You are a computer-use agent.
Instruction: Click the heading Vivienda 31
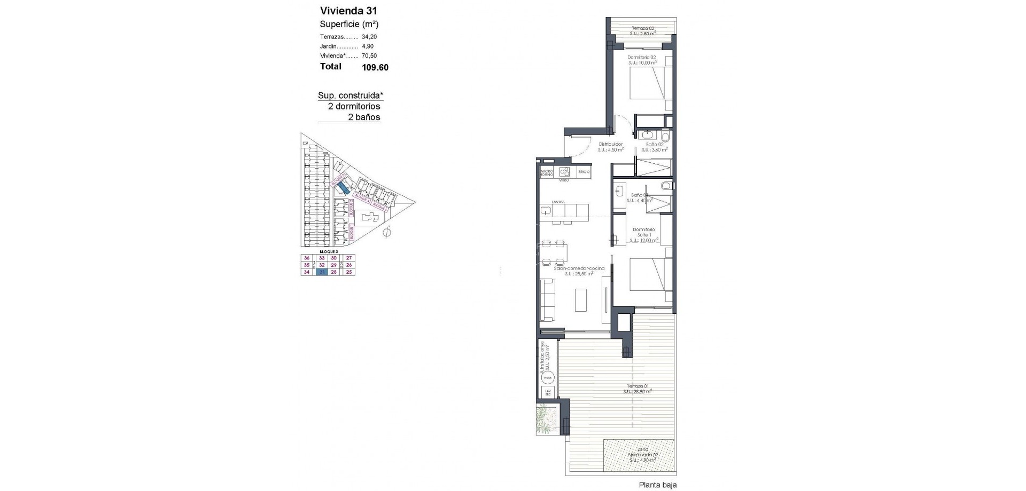(348, 11)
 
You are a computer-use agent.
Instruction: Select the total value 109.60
(375, 68)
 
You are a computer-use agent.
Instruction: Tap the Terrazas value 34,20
(369, 37)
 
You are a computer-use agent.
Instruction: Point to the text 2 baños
(364, 117)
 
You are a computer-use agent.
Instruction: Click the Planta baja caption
(658, 485)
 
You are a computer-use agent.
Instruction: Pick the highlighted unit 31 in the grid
(322, 272)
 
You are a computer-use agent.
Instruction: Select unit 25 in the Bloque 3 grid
(349, 272)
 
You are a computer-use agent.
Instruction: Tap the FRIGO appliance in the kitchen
(584, 172)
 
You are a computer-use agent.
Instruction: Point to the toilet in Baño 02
(665, 137)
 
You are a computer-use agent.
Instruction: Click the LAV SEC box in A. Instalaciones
(547, 392)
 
